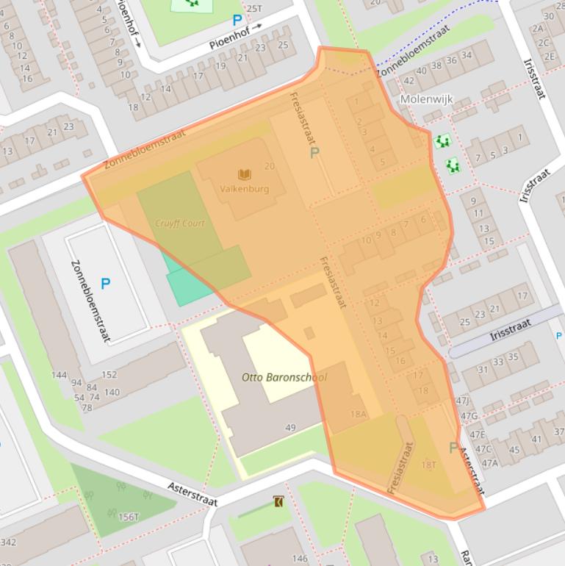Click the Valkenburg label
click(x=244, y=189)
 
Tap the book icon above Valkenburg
click(x=245, y=174)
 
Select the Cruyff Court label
click(x=180, y=223)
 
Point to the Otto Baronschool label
click(x=284, y=377)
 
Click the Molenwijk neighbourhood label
click(x=427, y=98)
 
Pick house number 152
click(x=109, y=374)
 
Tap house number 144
click(x=60, y=375)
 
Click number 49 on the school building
click(x=290, y=428)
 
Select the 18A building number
click(x=358, y=414)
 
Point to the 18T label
click(x=428, y=465)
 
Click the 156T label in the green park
click(x=128, y=517)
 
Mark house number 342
click(x=8, y=542)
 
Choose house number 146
click(x=299, y=559)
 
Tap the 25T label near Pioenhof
click(x=253, y=9)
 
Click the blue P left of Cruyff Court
click(x=105, y=283)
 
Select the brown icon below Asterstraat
click(x=278, y=502)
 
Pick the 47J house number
click(x=462, y=401)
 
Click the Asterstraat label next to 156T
click(x=192, y=493)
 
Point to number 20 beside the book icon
click(x=270, y=166)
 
